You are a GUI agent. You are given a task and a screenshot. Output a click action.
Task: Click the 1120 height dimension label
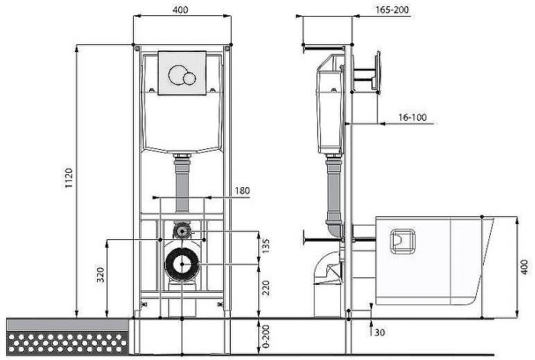coord(70,178)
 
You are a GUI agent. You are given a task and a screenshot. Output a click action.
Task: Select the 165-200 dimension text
coord(392,10)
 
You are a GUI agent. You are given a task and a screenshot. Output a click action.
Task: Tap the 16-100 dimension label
coord(413,118)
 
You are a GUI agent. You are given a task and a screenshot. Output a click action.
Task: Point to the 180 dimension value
coord(242,191)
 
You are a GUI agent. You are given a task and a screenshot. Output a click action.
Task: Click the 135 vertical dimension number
coord(266,246)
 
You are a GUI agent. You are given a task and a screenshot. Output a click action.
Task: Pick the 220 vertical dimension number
coord(266,287)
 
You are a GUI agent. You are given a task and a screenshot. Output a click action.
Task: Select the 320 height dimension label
coord(101,275)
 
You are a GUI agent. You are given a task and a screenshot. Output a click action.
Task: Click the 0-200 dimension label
coord(266,336)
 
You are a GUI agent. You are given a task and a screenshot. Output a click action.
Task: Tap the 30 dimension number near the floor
coord(380,332)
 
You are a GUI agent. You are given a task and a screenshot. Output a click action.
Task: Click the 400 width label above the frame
coord(180,10)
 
